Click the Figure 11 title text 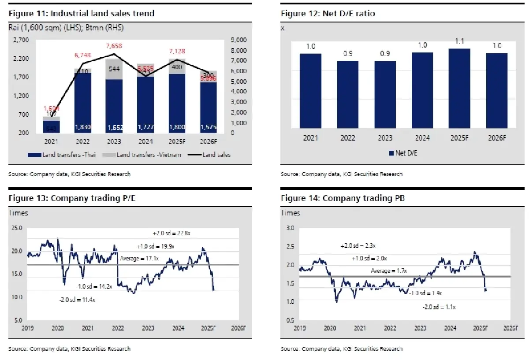pyautogui.click(x=82, y=14)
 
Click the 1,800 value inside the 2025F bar pyautogui.click(x=177, y=127)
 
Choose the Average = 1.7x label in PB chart pyautogui.click(x=388, y=271)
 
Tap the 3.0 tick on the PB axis pyautogui.click(x=290, y=228)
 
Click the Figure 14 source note pyautogui.click(x=342, y=349)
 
